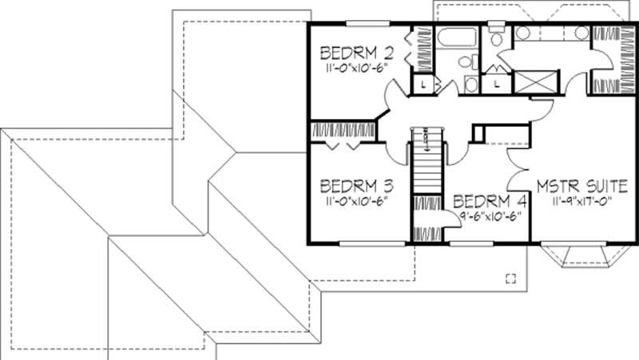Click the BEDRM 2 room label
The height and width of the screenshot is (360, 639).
click(357, 54)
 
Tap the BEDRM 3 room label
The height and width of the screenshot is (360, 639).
click(357, 186)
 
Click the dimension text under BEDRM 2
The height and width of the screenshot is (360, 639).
click(356, 69)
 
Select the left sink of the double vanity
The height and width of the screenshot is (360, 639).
click(523, 34)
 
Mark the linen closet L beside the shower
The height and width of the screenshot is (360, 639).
click(497, 81)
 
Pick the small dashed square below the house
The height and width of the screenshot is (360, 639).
click(511, 277)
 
